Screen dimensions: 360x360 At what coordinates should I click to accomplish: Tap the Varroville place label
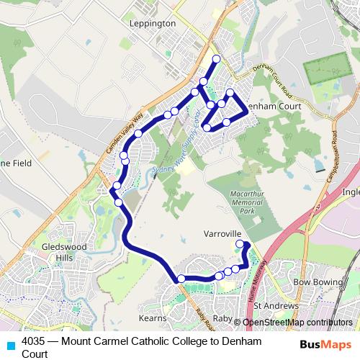point(221,235)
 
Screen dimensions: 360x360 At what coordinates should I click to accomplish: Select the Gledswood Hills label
point(63,251)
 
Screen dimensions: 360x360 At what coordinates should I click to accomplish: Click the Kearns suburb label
point(153,318)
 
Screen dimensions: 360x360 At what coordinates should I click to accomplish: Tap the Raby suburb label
point(222,318)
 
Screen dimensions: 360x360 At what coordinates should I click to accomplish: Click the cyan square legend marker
point(9,343)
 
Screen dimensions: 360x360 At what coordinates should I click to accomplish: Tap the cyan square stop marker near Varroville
point(240,244)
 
